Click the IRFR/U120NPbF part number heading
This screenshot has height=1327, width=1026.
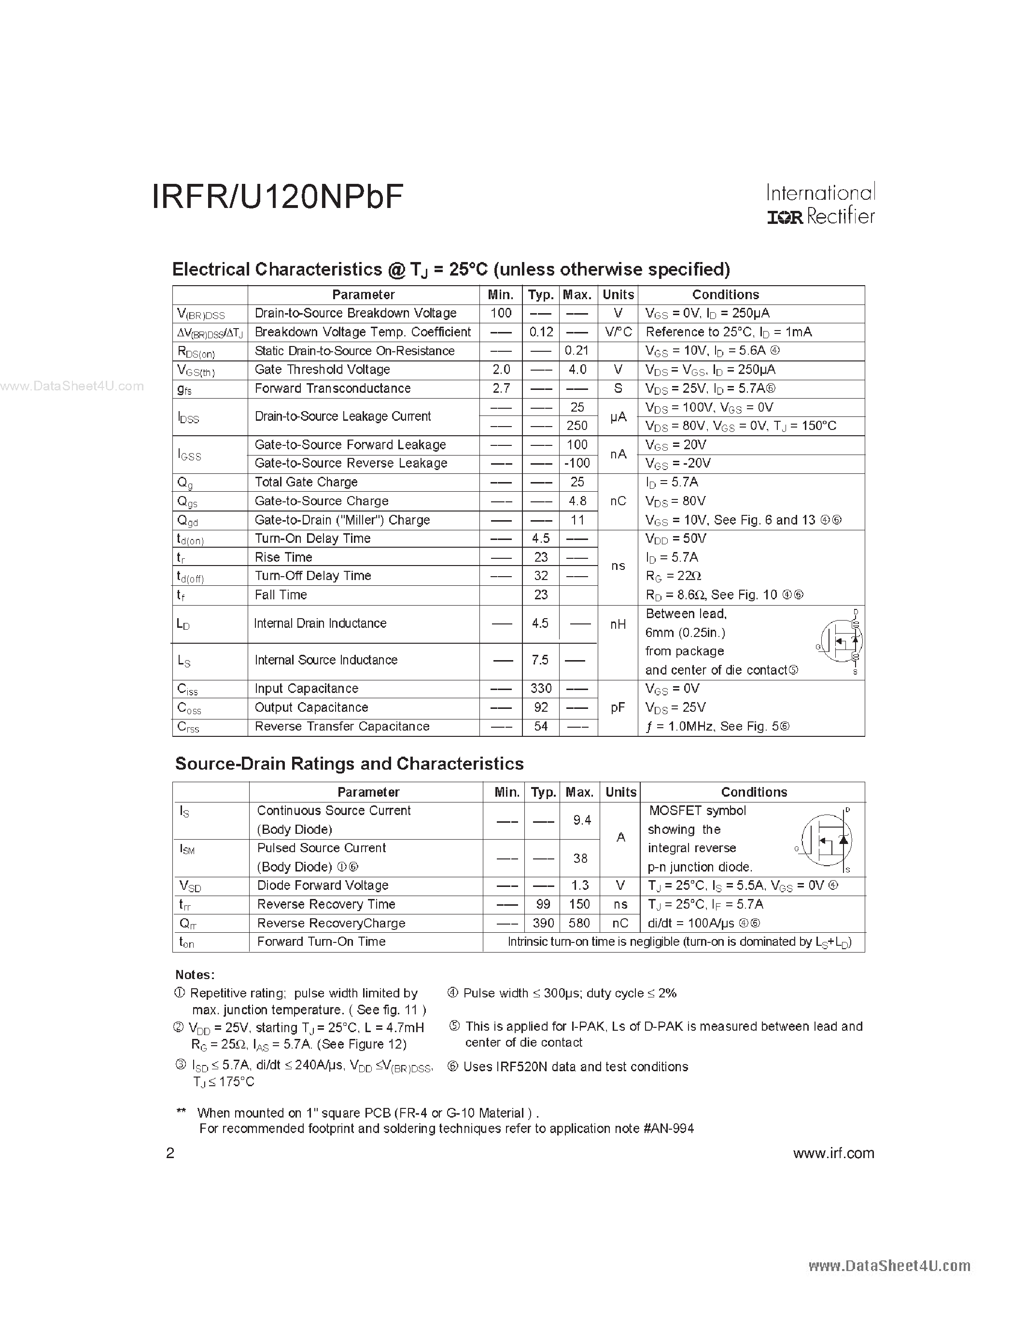coord(277,197)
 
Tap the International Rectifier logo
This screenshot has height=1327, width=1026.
coord(820,204)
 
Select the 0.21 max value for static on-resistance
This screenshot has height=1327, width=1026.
coord(577,351)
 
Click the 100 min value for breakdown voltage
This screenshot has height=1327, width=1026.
coord(501,313)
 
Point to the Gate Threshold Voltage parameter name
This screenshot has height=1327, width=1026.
coord(322,370)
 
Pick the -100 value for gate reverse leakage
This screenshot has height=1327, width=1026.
coord(577,463)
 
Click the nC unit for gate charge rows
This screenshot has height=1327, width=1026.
coord(618,501)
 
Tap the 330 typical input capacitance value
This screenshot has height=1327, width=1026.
coord(540,689)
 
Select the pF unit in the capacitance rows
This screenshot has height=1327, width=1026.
coord(618,707)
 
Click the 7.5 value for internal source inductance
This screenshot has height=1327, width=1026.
coord(540,660)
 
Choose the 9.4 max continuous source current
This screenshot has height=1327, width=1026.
coord(582,820)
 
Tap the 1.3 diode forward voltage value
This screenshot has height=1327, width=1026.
coord(580,885)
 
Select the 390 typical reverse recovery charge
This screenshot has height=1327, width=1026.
coord(543,923)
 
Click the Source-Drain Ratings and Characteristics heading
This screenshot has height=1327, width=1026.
coord(349,764)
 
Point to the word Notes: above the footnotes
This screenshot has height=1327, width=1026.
coord(195,975)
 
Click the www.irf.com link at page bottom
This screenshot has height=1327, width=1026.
coord(833,1153)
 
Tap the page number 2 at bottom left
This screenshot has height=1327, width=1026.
coord(170,1153)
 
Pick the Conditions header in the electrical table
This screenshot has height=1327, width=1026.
coord(725,295)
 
